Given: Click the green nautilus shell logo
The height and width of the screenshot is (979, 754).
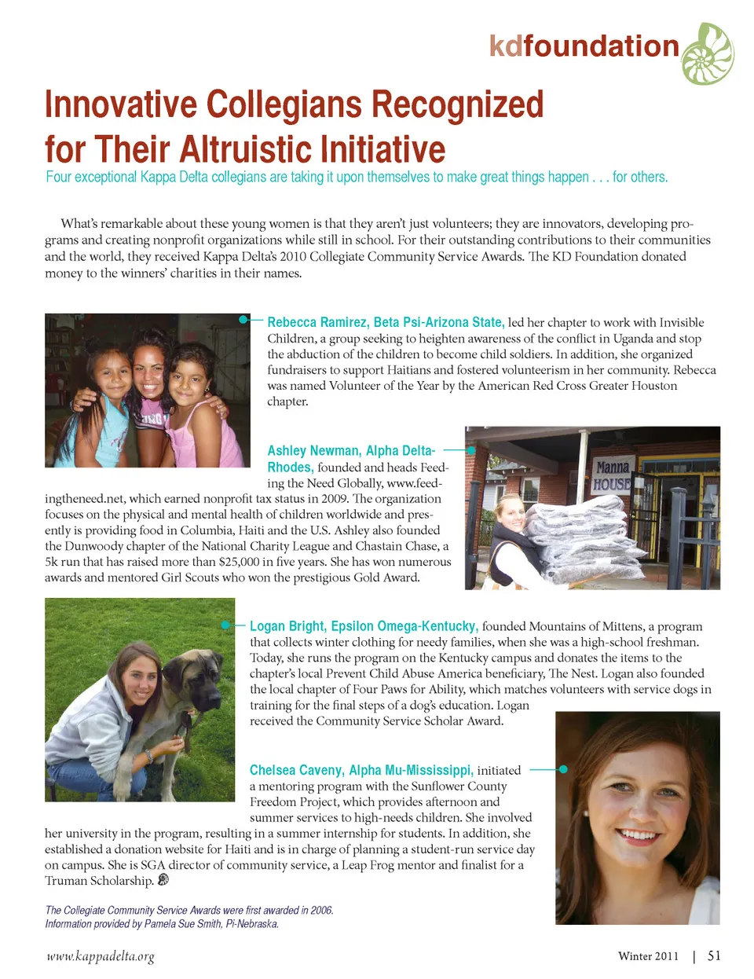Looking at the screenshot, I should tap(708, 53).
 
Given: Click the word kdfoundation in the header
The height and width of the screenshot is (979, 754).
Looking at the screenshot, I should tap(584, 46).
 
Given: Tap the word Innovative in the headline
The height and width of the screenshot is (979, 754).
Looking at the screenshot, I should tap(121, 104).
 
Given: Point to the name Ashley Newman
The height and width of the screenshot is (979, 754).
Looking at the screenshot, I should tap(313, 450).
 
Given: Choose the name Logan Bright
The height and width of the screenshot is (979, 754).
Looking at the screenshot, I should tap(286, 626).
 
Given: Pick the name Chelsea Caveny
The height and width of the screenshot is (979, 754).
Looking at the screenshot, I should tap(296, 770).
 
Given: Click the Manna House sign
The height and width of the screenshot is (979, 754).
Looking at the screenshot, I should tap(612, 475).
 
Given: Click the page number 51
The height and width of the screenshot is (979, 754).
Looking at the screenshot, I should tap(714, 955).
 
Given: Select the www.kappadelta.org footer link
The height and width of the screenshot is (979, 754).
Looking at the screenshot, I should tap(100, 956).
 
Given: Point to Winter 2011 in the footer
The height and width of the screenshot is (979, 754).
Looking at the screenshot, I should tap(648, 956).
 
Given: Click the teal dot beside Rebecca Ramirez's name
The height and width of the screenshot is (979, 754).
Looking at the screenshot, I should tap(244, 320).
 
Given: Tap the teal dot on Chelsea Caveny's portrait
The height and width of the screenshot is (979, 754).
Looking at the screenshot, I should tap(563, 769).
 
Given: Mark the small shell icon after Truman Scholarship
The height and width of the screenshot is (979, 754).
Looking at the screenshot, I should tap(163, 880).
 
